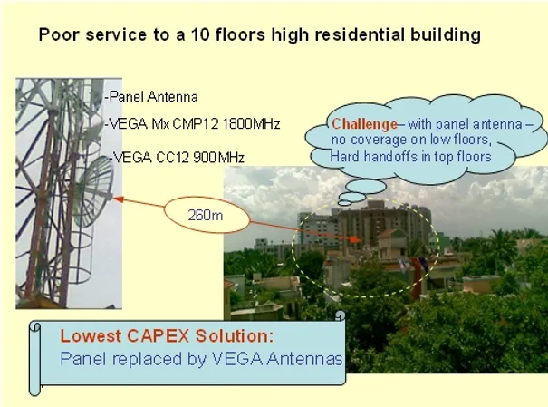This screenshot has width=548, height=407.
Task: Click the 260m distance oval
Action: click(x=207, y=215)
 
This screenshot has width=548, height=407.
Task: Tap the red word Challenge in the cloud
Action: click(x=364, y=124)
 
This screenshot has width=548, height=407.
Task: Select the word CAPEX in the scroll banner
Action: click(x=158, y=335)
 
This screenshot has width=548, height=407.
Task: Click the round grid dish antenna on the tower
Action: click(x=93, y=191)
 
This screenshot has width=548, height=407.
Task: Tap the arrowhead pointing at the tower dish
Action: click(x=119, y=199)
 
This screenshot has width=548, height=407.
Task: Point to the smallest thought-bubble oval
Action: click(x=344, y=203)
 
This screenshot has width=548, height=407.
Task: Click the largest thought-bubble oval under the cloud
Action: click(x=366, y=187)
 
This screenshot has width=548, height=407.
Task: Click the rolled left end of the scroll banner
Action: click(x=34, y=359)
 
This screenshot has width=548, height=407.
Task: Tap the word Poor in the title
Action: click(x=58, y=34)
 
